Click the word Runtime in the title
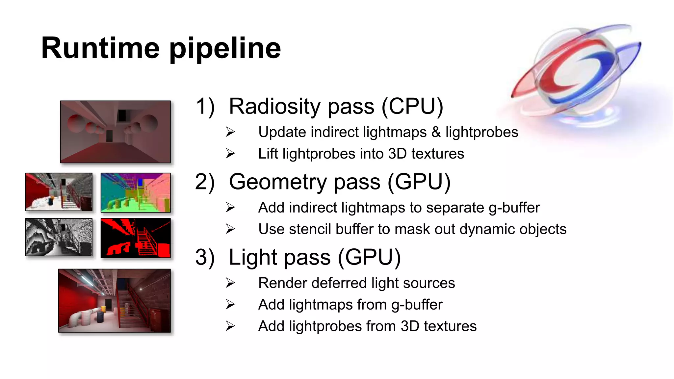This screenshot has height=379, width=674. coord(100,48)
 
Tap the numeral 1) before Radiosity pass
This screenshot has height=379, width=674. coord(205,107)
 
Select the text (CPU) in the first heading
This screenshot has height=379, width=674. coord(412,107)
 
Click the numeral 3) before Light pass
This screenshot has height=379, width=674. coord(205,257)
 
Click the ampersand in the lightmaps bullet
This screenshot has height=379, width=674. coord(436,132)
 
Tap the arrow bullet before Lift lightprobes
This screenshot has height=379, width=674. coord(230,154)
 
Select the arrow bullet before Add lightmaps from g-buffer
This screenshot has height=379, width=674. coord(230,305)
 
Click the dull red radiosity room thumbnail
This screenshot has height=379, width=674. coord(115,132)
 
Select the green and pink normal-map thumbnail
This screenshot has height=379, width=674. coord(136,192)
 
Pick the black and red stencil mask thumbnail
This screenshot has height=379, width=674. coord(136,238)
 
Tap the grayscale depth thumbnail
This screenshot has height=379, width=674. coord(59,237)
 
